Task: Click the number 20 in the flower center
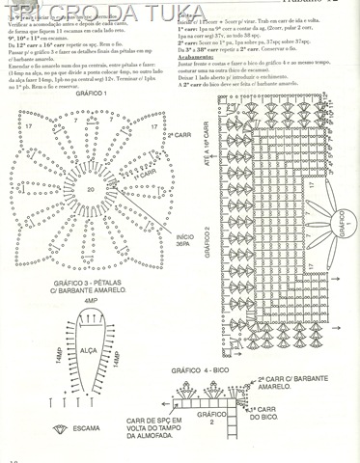click(x=91, y=189)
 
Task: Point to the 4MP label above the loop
click(x=92, y=302)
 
